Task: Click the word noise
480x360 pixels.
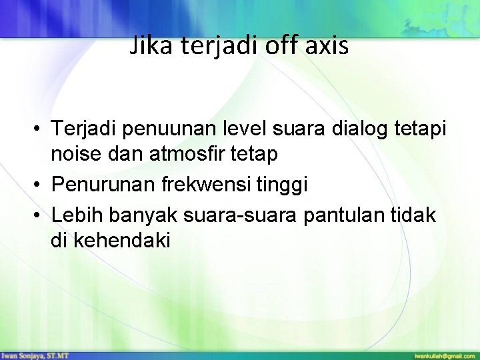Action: pos(76,155)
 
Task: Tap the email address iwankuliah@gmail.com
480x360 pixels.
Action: pos(443,355)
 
